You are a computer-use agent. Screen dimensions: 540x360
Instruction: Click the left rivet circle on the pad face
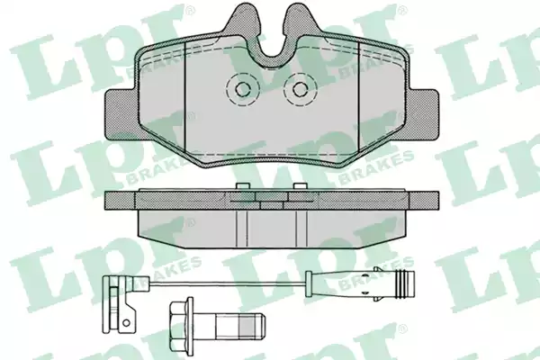[242, 89]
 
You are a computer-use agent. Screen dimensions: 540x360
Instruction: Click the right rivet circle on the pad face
[300, 89]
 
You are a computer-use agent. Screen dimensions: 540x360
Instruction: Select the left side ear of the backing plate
[120, 114]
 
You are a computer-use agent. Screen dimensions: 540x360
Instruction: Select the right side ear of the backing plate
[423, 114]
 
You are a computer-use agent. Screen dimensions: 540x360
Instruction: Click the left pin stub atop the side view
[243, 186]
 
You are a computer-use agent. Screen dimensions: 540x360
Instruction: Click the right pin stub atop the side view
[300, 186]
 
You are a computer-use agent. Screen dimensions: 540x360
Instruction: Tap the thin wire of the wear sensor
[227, 283]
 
